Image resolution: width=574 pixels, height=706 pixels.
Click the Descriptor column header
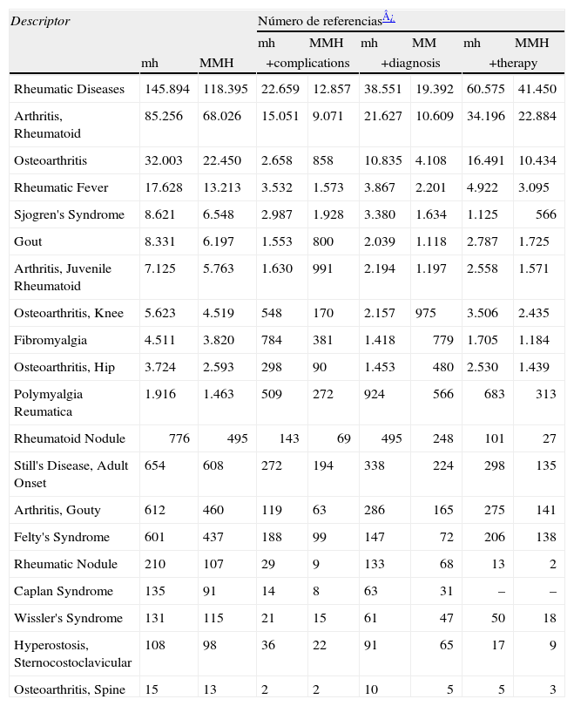[x=40, y=20]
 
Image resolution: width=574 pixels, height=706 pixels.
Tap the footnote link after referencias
[x=388, y=17]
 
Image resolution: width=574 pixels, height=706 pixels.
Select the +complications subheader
[x=307, y=63]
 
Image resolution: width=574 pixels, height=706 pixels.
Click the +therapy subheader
[x=513, y=63]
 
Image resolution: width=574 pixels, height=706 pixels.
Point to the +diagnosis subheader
[x=410, y=63]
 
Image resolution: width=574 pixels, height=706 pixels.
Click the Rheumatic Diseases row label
[x=69, y=89]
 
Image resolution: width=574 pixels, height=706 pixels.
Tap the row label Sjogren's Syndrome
[x=69, y=214]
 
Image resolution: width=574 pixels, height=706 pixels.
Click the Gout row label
[x=28, y=241]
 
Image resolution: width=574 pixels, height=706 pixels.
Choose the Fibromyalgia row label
[x=50, y=340]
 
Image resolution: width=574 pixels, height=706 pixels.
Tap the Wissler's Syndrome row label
[x=64, y=618]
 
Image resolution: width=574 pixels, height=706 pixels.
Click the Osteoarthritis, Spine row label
[x=69, y=689]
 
